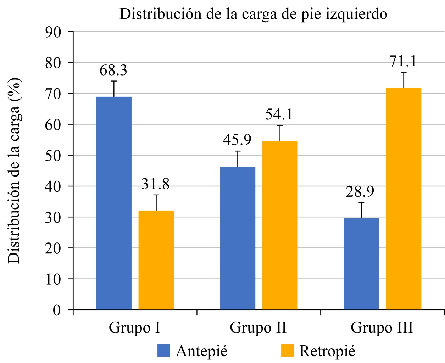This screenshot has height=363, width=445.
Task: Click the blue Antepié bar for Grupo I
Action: click(x=114, y=203)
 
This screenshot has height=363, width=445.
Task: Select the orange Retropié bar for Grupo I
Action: click(x=156, y=260)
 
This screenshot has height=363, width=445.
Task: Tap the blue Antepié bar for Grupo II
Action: click(x=238, y=238)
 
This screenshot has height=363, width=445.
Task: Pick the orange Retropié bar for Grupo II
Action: click(x=280, y=225)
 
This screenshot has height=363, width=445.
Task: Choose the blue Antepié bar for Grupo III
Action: click(x=361, y=264)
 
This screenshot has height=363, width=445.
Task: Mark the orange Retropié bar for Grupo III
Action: click(x=404, y=199)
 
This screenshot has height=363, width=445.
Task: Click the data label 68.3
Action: click(x=113, y=70)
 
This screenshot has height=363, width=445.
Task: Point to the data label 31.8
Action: click(x=156, y=184)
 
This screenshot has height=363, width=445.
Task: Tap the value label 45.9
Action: click(x=237, y=140)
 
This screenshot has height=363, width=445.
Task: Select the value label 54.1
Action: click(x=279, y=115)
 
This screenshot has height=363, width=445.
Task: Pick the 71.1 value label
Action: click(x=403, y=61)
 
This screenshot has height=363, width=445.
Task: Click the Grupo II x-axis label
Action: click(x=258, y=327)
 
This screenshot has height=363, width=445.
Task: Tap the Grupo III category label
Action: click(x=382, y=327)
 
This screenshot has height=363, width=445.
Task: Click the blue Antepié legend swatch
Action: click(x=164, y=351)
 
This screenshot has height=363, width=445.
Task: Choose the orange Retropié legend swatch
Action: click(x=288, y=351)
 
